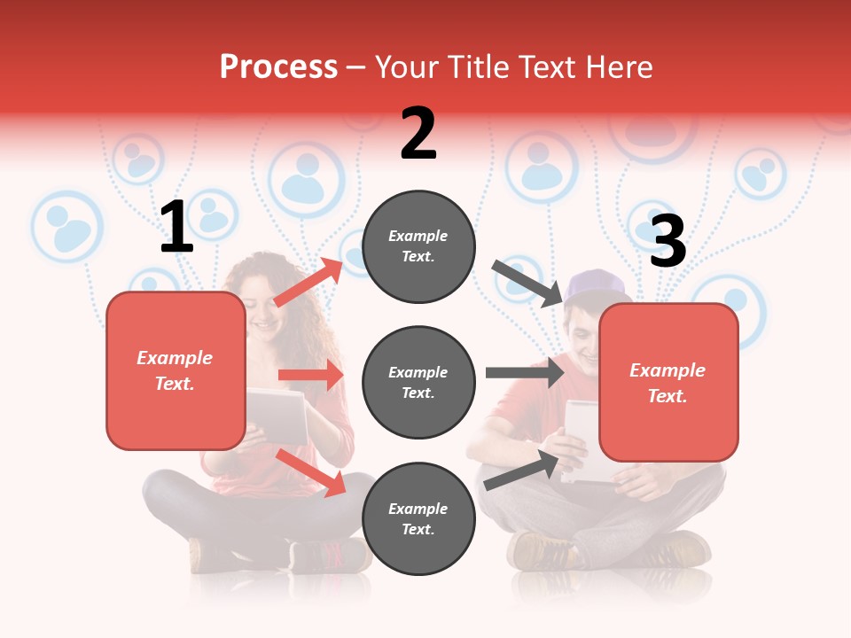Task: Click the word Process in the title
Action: tap(278, 67)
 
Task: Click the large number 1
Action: tap(176, 228)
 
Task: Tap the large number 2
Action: tap(418, 134)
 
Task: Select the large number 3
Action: tap(668, 241)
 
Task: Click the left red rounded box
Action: tap(176, 370)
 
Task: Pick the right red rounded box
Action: tap(668, 382)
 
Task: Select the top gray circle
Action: tap(418, 246)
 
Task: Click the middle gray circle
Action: tap(418, 382)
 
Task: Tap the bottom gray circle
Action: tap(418, 518)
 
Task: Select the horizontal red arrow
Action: tap(310, 375)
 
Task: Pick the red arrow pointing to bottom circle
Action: tap(311, 472)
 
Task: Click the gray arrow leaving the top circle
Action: tap(528, 284)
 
